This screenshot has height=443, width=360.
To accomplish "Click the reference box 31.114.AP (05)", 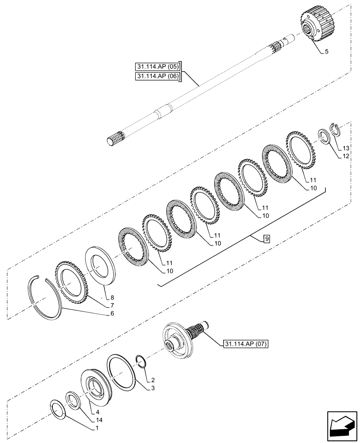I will pyautogui.click(x=158, y=67).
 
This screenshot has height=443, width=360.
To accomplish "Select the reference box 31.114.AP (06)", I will pyautogui.click(x=158, y=77).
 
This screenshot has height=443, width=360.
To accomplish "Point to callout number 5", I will pyautogui.click(x=326, y=52).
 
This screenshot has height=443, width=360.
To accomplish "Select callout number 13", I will pyautogui.click(x=346, y=148).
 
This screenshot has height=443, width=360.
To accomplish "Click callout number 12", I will pyautogui.click(x=346, y=156).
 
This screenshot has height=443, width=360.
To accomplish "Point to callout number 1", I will pyautogui.click(x=97, y=428).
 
